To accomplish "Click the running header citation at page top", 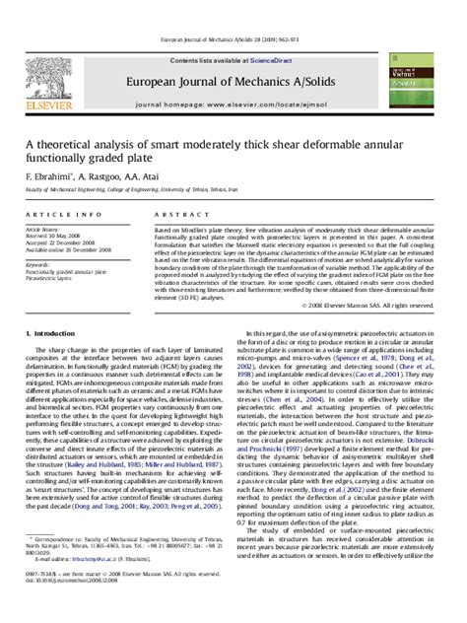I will point(233,7).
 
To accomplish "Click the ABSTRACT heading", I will point(177,214).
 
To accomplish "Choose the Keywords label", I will point(38,263).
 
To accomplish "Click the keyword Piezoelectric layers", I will point(51,279).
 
